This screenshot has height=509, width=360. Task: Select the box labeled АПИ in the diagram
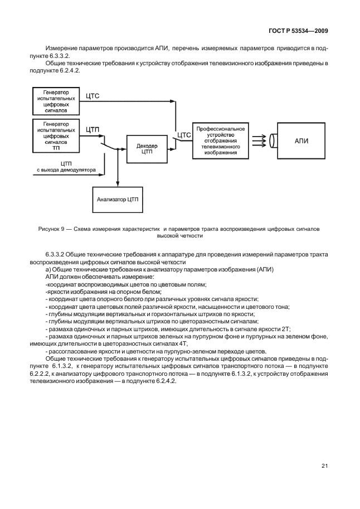tap(301, 141)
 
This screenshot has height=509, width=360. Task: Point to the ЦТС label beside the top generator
tap(93, 96)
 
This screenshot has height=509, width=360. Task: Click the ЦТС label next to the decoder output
tap(183, 135)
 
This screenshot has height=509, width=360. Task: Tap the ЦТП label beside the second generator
tap(93, 129)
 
